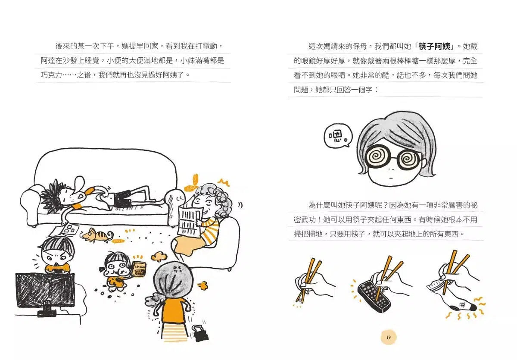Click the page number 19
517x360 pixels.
pyautogui.click(x=389, y=337)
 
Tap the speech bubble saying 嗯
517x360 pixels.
pyautogui.click(x=338, y=137)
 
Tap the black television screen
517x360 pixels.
pyautogui.click(x=45, y=290)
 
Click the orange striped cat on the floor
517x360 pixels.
pyautogui.click(x=99, y=235)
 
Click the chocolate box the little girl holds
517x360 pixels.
pyautogui.click(x=139, y=268)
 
